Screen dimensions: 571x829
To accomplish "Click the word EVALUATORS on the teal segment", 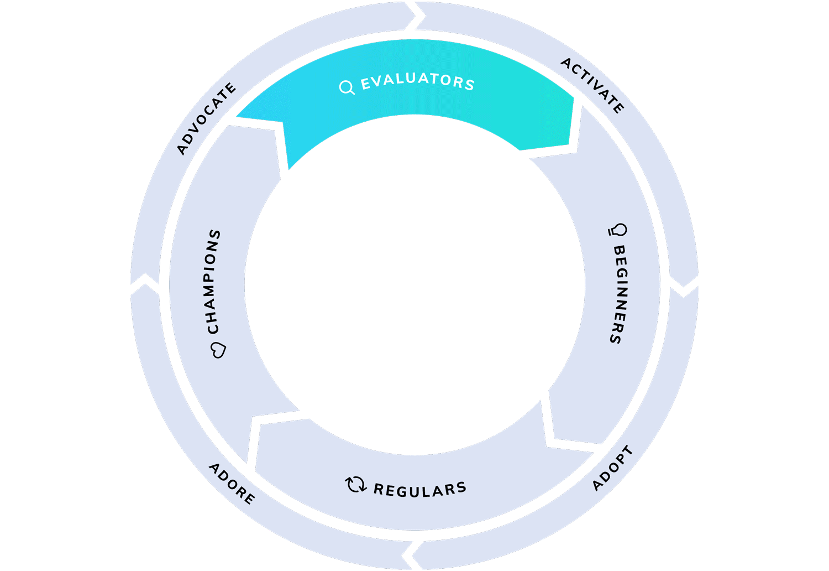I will coord(418,81).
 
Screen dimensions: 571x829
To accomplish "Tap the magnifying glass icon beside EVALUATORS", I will coord(347,87).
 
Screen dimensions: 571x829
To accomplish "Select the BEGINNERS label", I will coord(618,294).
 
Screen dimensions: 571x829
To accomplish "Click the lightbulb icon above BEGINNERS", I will coord(618,230).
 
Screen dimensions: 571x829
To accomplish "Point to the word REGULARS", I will coord(420,490).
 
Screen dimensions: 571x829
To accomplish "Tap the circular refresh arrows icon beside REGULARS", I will coord(355,484).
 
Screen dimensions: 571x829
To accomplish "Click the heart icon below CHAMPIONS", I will coord(219,350).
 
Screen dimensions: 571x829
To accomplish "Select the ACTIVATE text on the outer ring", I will coord(592,85).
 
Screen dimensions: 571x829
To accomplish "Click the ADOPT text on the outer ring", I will coord(612,468).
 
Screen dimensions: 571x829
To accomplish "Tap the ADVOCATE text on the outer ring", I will coord(206,118).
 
